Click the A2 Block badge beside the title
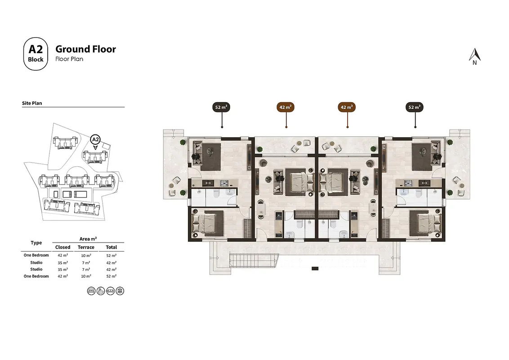(x=36, y=54)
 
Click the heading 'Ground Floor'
(x=86, y=49)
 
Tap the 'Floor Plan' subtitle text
(x=69, y=59)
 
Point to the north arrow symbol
(x=474, y=57)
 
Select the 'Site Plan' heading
(x=32, y=103)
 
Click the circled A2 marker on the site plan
(x=95, y=139)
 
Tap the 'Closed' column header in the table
(x=63, y=247)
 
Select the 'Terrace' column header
(x=86, y=247)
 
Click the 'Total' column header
(x=112, y=247)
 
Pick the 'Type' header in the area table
(x=36, y=243)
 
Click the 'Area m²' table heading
(x=88, y=239)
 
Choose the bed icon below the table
(x=91, y=291)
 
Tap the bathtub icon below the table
(x=101, y=291)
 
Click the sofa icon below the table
(x=110, y=291)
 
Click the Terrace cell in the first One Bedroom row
(x=86, y=256)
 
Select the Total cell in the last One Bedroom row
(x=112, y=276)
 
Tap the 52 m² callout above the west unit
(x=221, y=107)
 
